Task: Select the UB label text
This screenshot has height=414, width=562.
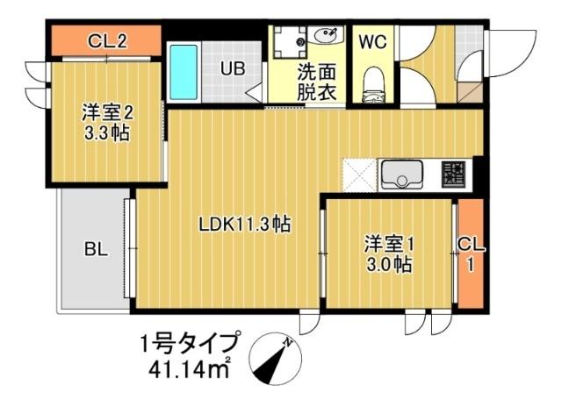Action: point(232,68)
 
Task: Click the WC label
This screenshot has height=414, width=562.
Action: point(373,39)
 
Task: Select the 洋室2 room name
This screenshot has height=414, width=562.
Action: point(108,113)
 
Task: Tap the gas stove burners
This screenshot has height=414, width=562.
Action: point(454,172)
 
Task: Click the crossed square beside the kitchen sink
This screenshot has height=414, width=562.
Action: point(359,173)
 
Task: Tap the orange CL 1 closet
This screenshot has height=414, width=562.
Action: point(471,255)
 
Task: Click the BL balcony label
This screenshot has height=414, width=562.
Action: point(96,249)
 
